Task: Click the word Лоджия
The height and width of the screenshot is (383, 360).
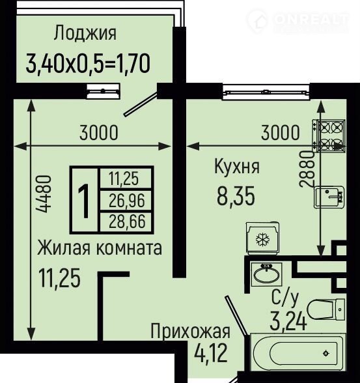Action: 85,33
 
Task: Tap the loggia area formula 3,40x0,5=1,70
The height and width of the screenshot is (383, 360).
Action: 88,64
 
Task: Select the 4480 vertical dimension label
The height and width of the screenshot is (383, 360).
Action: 44,194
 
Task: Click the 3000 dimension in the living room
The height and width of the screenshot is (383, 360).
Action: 99,133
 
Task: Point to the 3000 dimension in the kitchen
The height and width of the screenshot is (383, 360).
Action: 280,133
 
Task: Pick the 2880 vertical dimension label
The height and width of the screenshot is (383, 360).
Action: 307,169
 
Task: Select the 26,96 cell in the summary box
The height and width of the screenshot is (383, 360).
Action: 127,201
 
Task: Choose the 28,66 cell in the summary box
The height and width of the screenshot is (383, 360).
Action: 127,221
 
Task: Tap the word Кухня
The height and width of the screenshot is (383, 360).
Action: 237,166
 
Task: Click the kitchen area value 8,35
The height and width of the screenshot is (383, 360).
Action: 236,195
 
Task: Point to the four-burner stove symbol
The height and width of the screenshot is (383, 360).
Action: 329,135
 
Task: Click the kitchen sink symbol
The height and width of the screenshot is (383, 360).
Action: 329,197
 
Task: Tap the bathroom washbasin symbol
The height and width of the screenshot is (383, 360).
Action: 266,274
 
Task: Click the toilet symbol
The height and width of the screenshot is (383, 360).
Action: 327,309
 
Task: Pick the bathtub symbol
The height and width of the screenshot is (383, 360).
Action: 298,353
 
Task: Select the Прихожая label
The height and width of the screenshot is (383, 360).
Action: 190,332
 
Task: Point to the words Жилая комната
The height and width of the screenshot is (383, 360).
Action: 100,248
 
